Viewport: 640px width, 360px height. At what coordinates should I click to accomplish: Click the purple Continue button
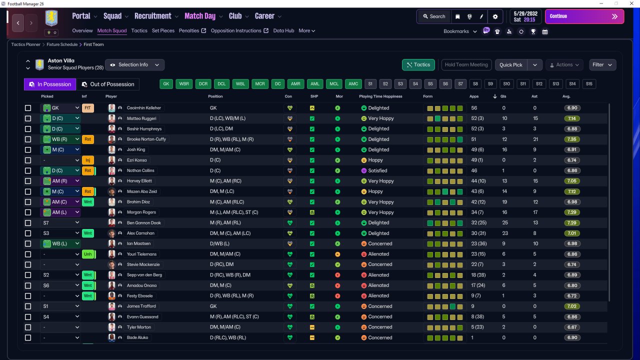click(x=584, y=16)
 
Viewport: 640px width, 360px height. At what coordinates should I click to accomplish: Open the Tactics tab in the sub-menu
click(x=139, y=30)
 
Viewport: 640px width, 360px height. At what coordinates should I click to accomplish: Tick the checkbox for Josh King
click(x=28, y=149)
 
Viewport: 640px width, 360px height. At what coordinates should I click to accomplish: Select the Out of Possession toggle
click(x=108, y=84)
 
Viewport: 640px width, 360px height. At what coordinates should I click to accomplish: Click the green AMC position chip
click(x=353, y=83)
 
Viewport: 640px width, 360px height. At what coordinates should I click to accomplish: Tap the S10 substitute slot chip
click(x=506, y=83)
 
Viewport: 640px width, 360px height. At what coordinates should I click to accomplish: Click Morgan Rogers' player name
click(x=141, y=212)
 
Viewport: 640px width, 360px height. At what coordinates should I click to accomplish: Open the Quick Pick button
click(x=511, y=65)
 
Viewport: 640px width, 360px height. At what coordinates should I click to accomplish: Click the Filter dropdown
click(x=602, y=65)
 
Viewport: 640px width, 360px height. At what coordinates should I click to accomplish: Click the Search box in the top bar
click(x=434, y=16)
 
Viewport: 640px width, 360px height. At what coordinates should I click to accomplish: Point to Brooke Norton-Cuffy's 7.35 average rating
click(x=572, y=139)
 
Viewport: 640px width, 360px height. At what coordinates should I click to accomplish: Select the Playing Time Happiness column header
click(x=380, y=96)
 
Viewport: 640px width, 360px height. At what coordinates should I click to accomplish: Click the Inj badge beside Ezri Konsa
click(x=87, y=160)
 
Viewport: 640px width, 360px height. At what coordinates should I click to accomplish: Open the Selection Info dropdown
click(x=134, y=65)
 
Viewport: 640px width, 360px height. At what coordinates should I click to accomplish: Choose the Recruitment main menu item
click(x=153, y=16)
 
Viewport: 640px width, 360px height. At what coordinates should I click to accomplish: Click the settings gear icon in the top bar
click(x=495, y=16)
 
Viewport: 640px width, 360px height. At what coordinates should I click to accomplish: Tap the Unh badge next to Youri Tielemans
click(x=88, y=254)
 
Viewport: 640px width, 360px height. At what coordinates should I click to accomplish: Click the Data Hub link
click(x=283, y=30)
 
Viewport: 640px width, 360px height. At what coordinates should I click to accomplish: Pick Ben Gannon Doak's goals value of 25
click(x=505, y=223)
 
